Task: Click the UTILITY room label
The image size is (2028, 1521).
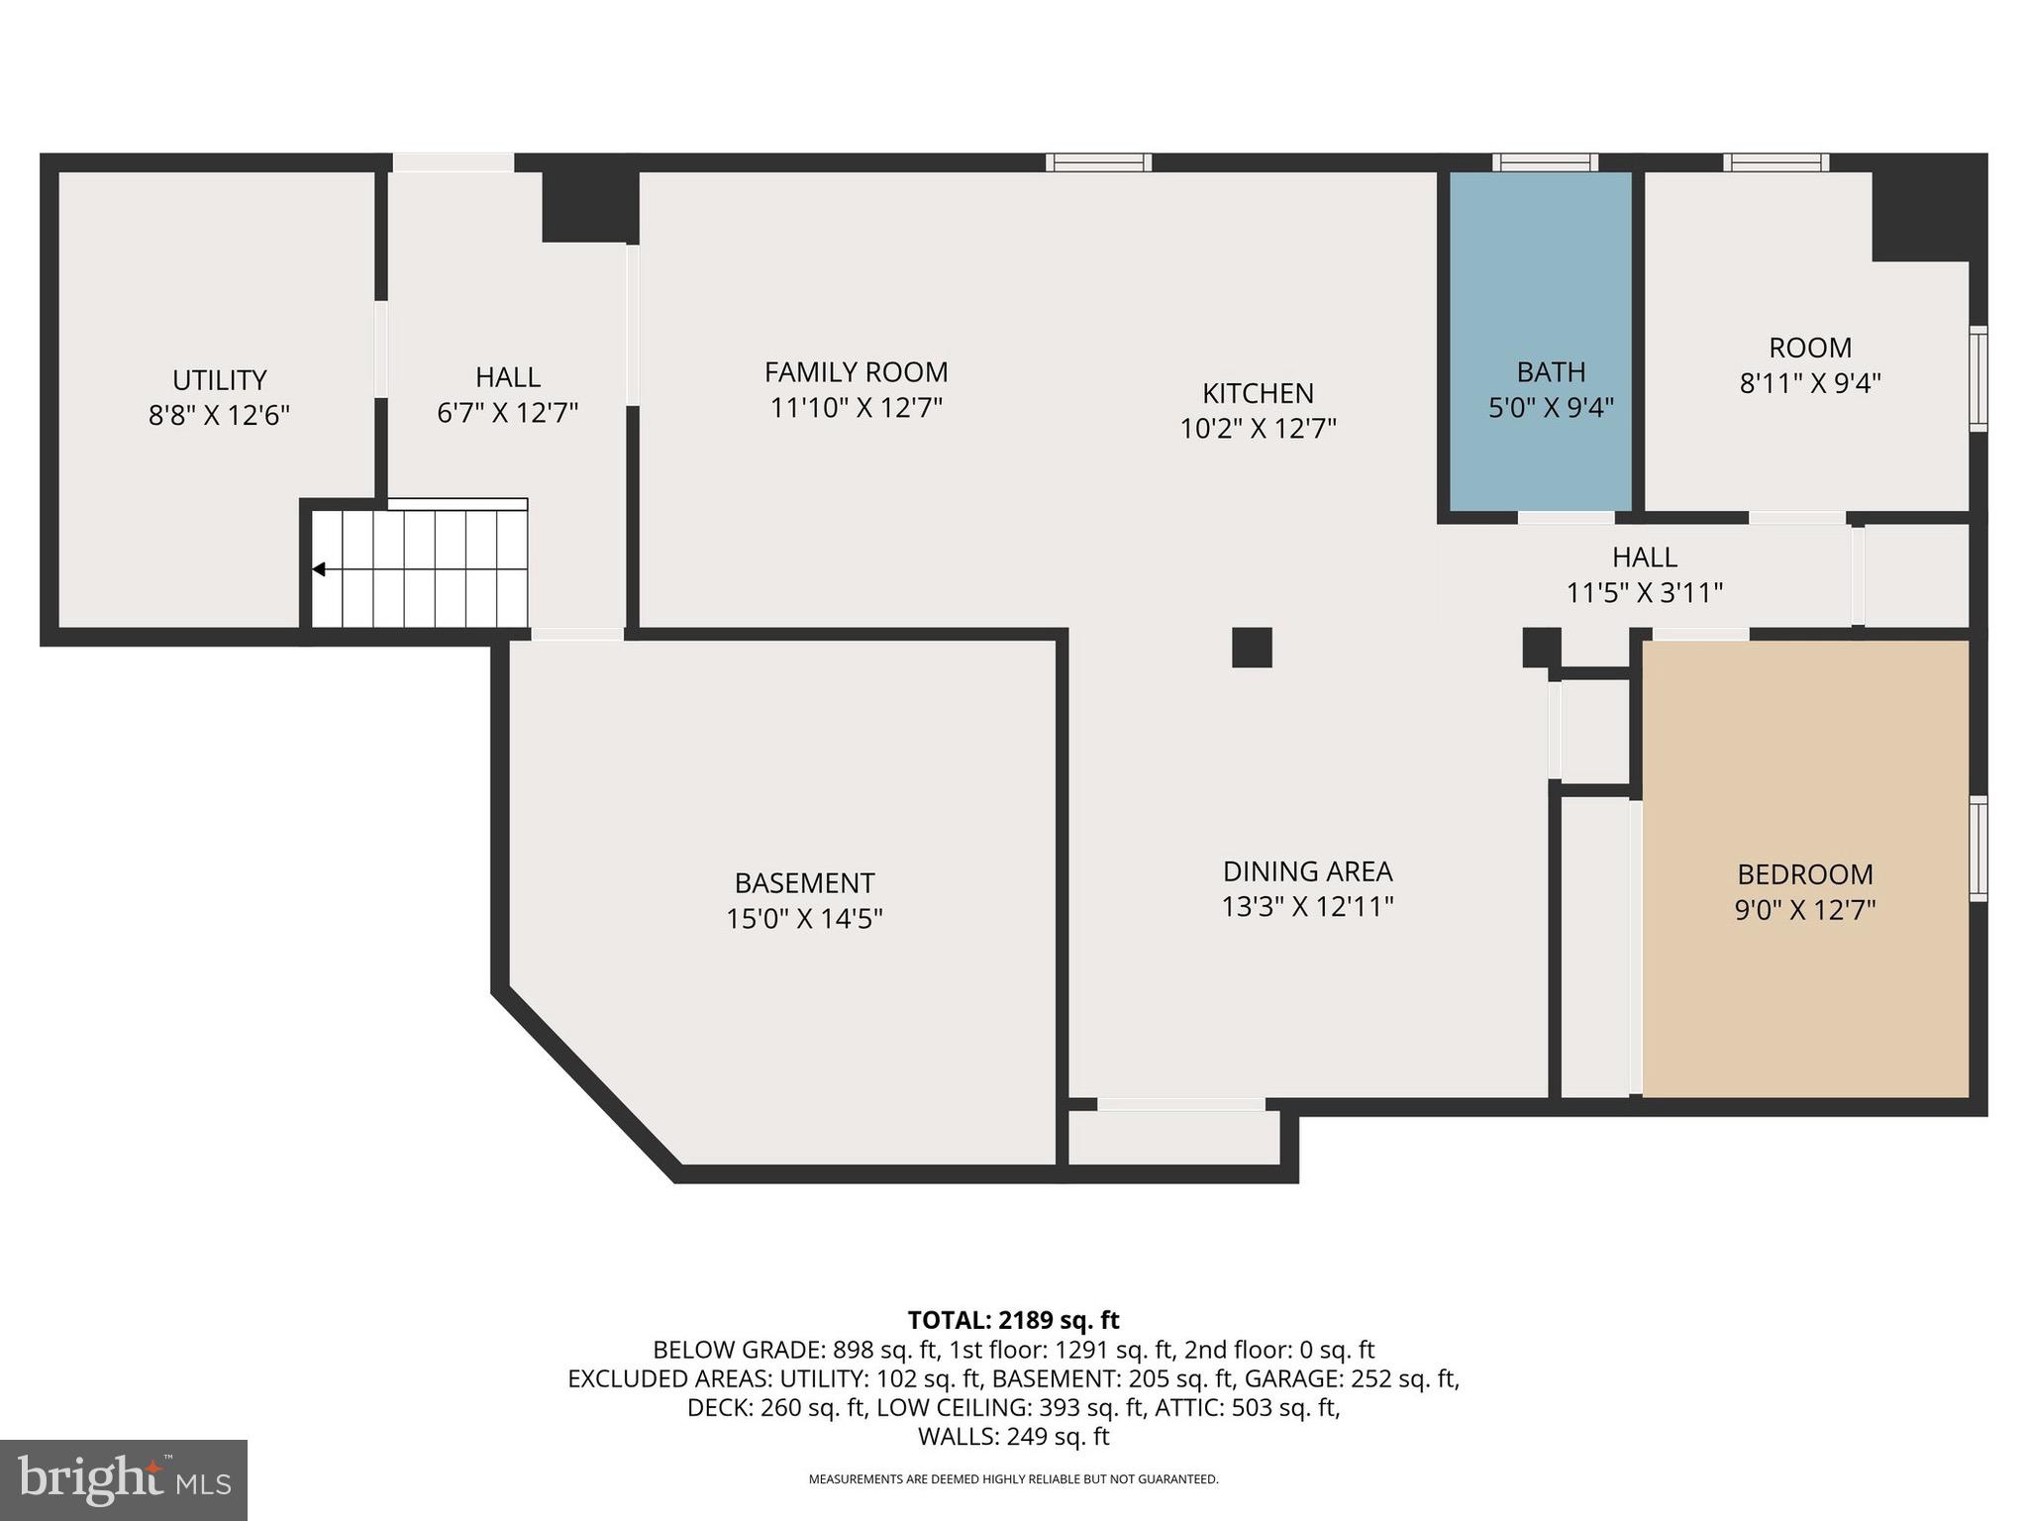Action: [219, 380]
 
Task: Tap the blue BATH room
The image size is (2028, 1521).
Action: [1541, 297]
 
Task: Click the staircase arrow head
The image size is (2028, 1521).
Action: [319, 569]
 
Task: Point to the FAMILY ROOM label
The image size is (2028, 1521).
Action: [856, 372]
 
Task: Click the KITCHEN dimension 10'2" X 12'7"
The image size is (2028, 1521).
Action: [1258, 429]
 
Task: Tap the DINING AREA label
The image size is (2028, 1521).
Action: [1307, 871]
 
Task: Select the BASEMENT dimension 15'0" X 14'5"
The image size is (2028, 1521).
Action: [804, 919]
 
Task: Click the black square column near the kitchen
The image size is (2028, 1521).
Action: [1252, 648]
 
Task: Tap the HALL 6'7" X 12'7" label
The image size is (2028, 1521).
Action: [507, 394]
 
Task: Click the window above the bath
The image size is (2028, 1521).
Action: [1545, 162]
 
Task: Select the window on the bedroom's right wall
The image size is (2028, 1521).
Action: [1977, 849]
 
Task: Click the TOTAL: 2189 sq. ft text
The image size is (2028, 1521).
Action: [1013, 1320]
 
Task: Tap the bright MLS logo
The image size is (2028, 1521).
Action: [124, 1479]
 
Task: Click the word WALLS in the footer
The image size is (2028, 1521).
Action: [957, 1437]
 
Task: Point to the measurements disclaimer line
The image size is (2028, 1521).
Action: [1013, 1479]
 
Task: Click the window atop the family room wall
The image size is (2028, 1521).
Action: [1099, 162]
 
